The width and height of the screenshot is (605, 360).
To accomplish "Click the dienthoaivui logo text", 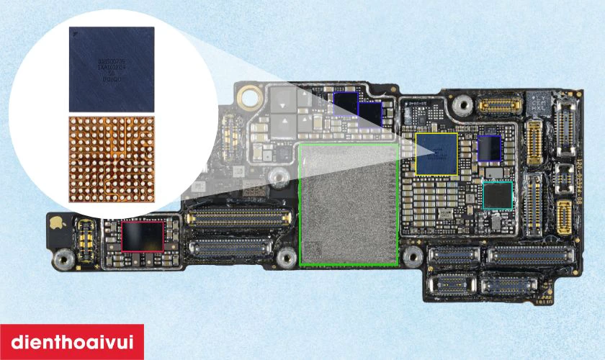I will pos(72,342).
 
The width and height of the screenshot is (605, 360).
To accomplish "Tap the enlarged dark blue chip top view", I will pos(112,68).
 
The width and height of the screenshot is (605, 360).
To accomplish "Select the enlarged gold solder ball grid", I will pos(112,156).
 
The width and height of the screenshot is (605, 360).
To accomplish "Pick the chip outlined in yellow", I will pos(436,153).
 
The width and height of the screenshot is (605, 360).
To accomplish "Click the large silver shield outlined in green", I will pos(349,204).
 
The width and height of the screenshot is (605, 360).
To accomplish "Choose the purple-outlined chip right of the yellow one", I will pos(490,148).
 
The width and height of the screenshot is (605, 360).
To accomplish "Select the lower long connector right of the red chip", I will pos(230,250).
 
